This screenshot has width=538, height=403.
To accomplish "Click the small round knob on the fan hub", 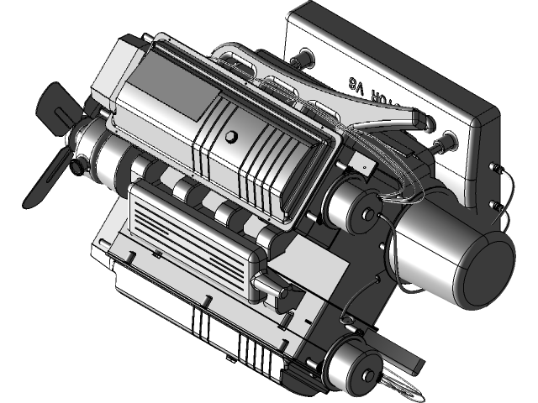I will pos(81,169).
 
